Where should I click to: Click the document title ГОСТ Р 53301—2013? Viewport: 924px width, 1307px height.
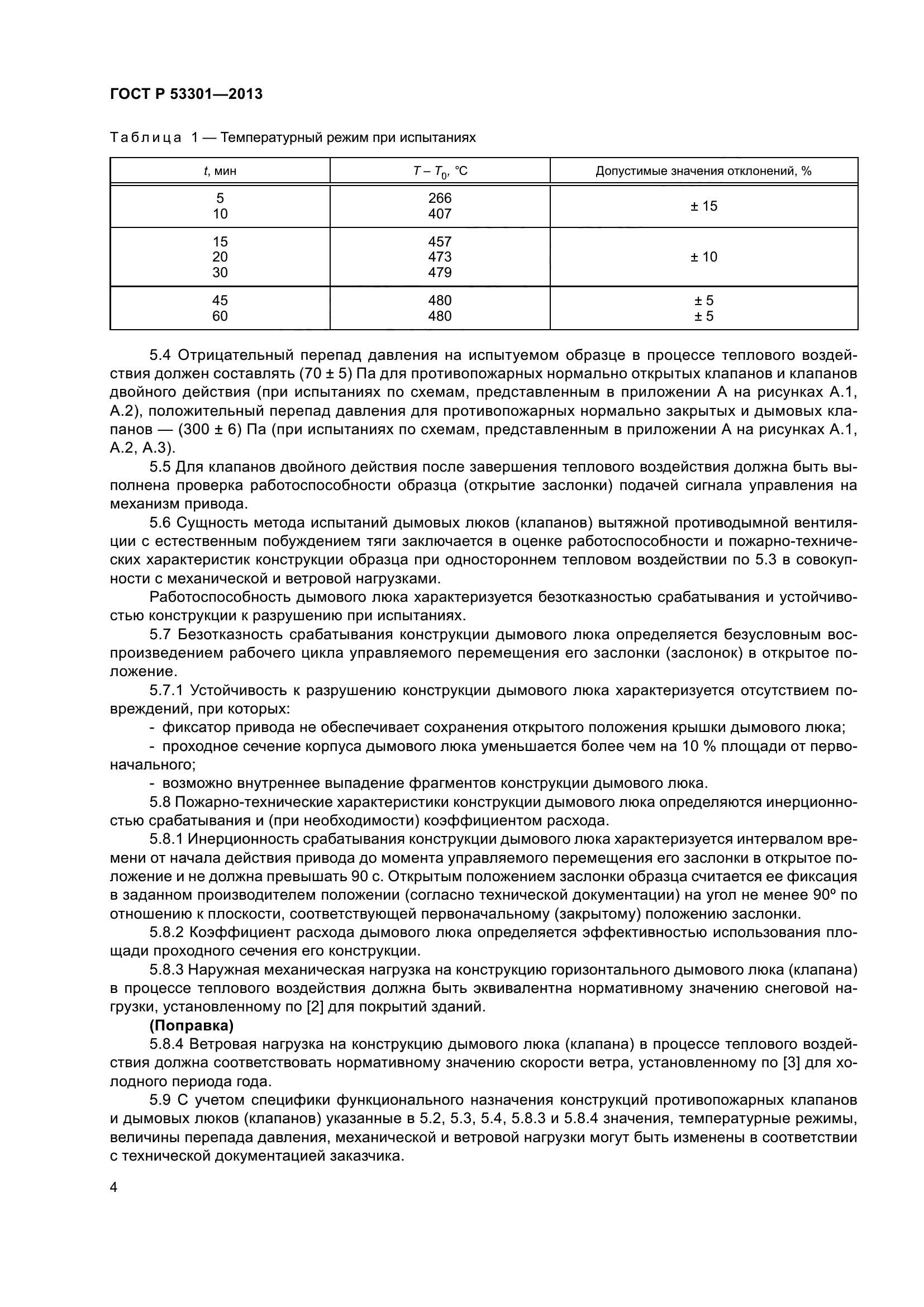tap(186, 94)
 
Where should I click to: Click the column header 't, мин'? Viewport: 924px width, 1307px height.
tap(220, 171)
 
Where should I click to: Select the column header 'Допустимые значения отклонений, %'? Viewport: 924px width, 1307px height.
tap(703, 171)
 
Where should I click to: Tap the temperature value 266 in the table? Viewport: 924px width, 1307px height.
tap(440, 198)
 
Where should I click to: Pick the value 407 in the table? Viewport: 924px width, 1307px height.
tap(440, 214)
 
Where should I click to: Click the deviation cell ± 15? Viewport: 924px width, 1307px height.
tap(704, 206)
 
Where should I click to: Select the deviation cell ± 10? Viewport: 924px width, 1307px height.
tap(704, 256)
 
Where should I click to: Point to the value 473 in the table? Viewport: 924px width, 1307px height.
tap(440, 256)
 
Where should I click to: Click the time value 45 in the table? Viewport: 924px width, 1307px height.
tap(220, 300)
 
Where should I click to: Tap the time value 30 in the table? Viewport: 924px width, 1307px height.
tap(220, 273)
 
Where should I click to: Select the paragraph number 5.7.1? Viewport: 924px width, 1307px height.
tap(166, 691)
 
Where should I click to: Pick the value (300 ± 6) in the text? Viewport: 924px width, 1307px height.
tap(215, 430)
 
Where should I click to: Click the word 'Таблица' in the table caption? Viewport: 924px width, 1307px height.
tap(146, 138)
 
